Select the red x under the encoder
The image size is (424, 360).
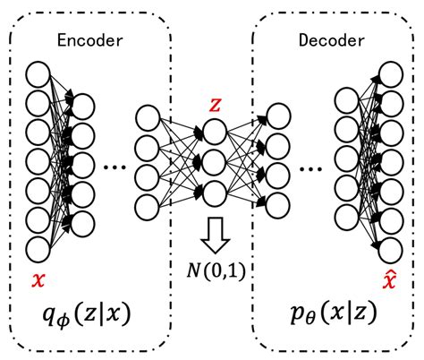38,279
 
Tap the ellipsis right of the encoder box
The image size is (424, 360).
114,167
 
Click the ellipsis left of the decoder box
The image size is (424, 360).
307,167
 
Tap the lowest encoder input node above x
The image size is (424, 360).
38,249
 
